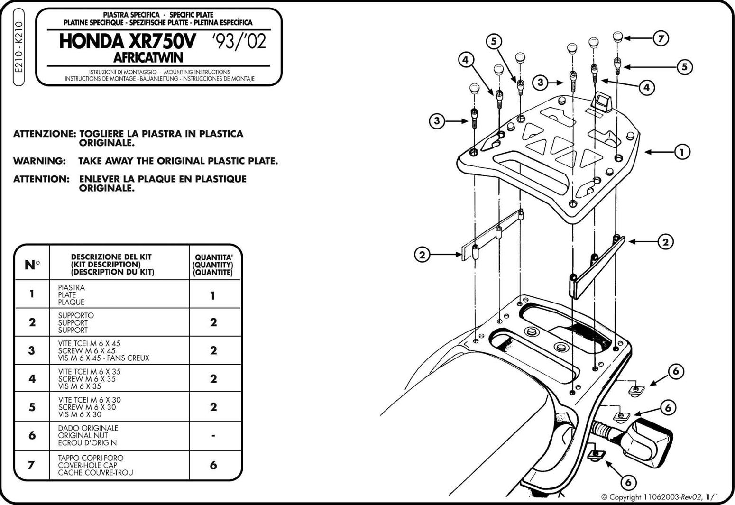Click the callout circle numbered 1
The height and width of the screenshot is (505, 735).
coord(682,152)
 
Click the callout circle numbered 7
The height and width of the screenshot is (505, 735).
coord(661,38)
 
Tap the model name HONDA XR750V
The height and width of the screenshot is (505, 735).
coord(127,42)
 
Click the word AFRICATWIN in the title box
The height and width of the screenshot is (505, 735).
coord(148,57)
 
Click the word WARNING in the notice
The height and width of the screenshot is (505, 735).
coord(39,161)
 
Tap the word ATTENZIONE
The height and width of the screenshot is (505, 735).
coord(44,134)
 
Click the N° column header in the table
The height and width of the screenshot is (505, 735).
coord(32,265)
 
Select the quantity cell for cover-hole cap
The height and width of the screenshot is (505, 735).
coord(213,465)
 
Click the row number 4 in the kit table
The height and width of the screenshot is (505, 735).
coord(32,378)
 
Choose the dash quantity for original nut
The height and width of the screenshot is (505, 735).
coord(213,435)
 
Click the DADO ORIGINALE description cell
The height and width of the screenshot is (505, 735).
coord(88,435)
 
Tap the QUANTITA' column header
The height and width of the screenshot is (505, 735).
coord(213,265)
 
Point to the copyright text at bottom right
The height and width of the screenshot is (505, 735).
coord(659,497)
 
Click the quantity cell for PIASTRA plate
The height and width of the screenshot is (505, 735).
coord(213,295)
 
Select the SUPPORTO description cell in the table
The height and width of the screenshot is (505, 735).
coord(76,322)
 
